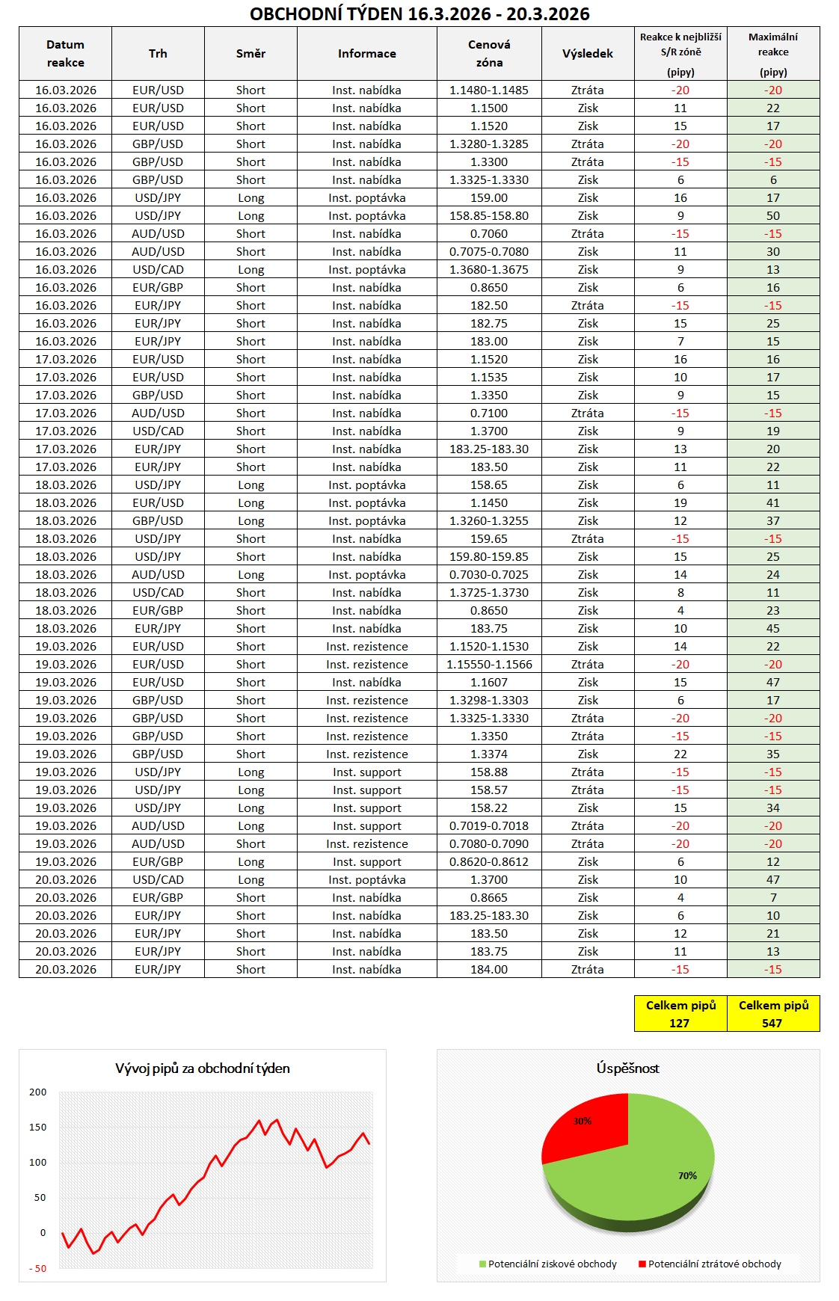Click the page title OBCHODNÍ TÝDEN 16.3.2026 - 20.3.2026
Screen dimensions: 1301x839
[x=419, y=14]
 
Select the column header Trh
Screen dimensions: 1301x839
[x=158, y=54]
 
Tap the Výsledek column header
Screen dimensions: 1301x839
[x=587, y=54]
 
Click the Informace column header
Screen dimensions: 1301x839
[x=366, y=54]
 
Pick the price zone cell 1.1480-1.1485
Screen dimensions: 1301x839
[x=489, y=90]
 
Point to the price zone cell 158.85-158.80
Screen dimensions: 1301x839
[x=489, y=216]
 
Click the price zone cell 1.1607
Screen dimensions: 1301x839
[x=489, y=683]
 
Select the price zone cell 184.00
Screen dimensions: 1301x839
[x=489, y=970]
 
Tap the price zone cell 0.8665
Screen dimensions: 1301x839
[x=489, y=898]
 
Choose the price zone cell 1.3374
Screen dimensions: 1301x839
[x=489, y=754]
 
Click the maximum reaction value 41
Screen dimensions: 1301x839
[x=772, y=503]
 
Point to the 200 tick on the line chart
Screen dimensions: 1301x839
[x=38, y=1092]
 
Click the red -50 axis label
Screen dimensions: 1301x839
[x=38, y=1269]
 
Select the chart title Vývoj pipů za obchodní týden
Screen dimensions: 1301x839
[x=203, y=1068]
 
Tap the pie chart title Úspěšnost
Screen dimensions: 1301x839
[x=627, y=1068]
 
